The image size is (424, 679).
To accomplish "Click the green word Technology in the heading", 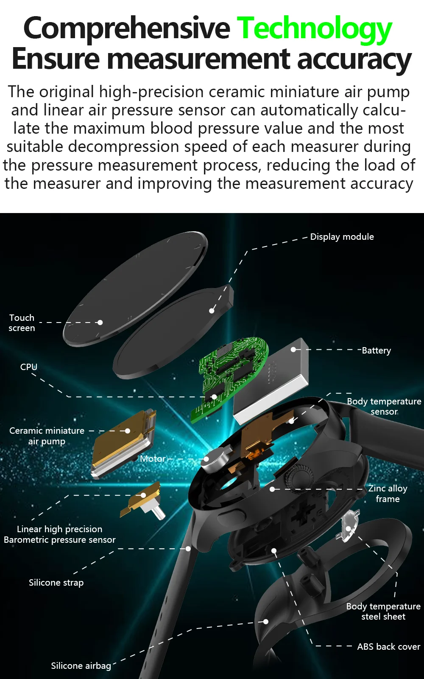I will [314, 28].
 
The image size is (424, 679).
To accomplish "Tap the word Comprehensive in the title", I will [126, 28].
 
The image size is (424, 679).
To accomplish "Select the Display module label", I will [342, 237].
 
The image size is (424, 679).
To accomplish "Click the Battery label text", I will [376, 351].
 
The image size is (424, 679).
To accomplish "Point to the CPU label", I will [29, 367].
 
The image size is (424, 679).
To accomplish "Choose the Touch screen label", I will [22, 323].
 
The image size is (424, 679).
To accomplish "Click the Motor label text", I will [153, 459].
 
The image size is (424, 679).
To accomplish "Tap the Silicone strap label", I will [56, 583].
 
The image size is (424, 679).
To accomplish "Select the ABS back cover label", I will [388, 647].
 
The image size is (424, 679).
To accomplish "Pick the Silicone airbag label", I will [81, 666].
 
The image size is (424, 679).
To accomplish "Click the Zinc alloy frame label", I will [388, 494].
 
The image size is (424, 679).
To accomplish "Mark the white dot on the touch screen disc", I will [100, 323].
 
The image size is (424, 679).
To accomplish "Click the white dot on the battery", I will [293, 350].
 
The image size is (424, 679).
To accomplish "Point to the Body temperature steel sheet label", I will [383, 612].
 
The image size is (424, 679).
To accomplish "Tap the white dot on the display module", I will [212, 311].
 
